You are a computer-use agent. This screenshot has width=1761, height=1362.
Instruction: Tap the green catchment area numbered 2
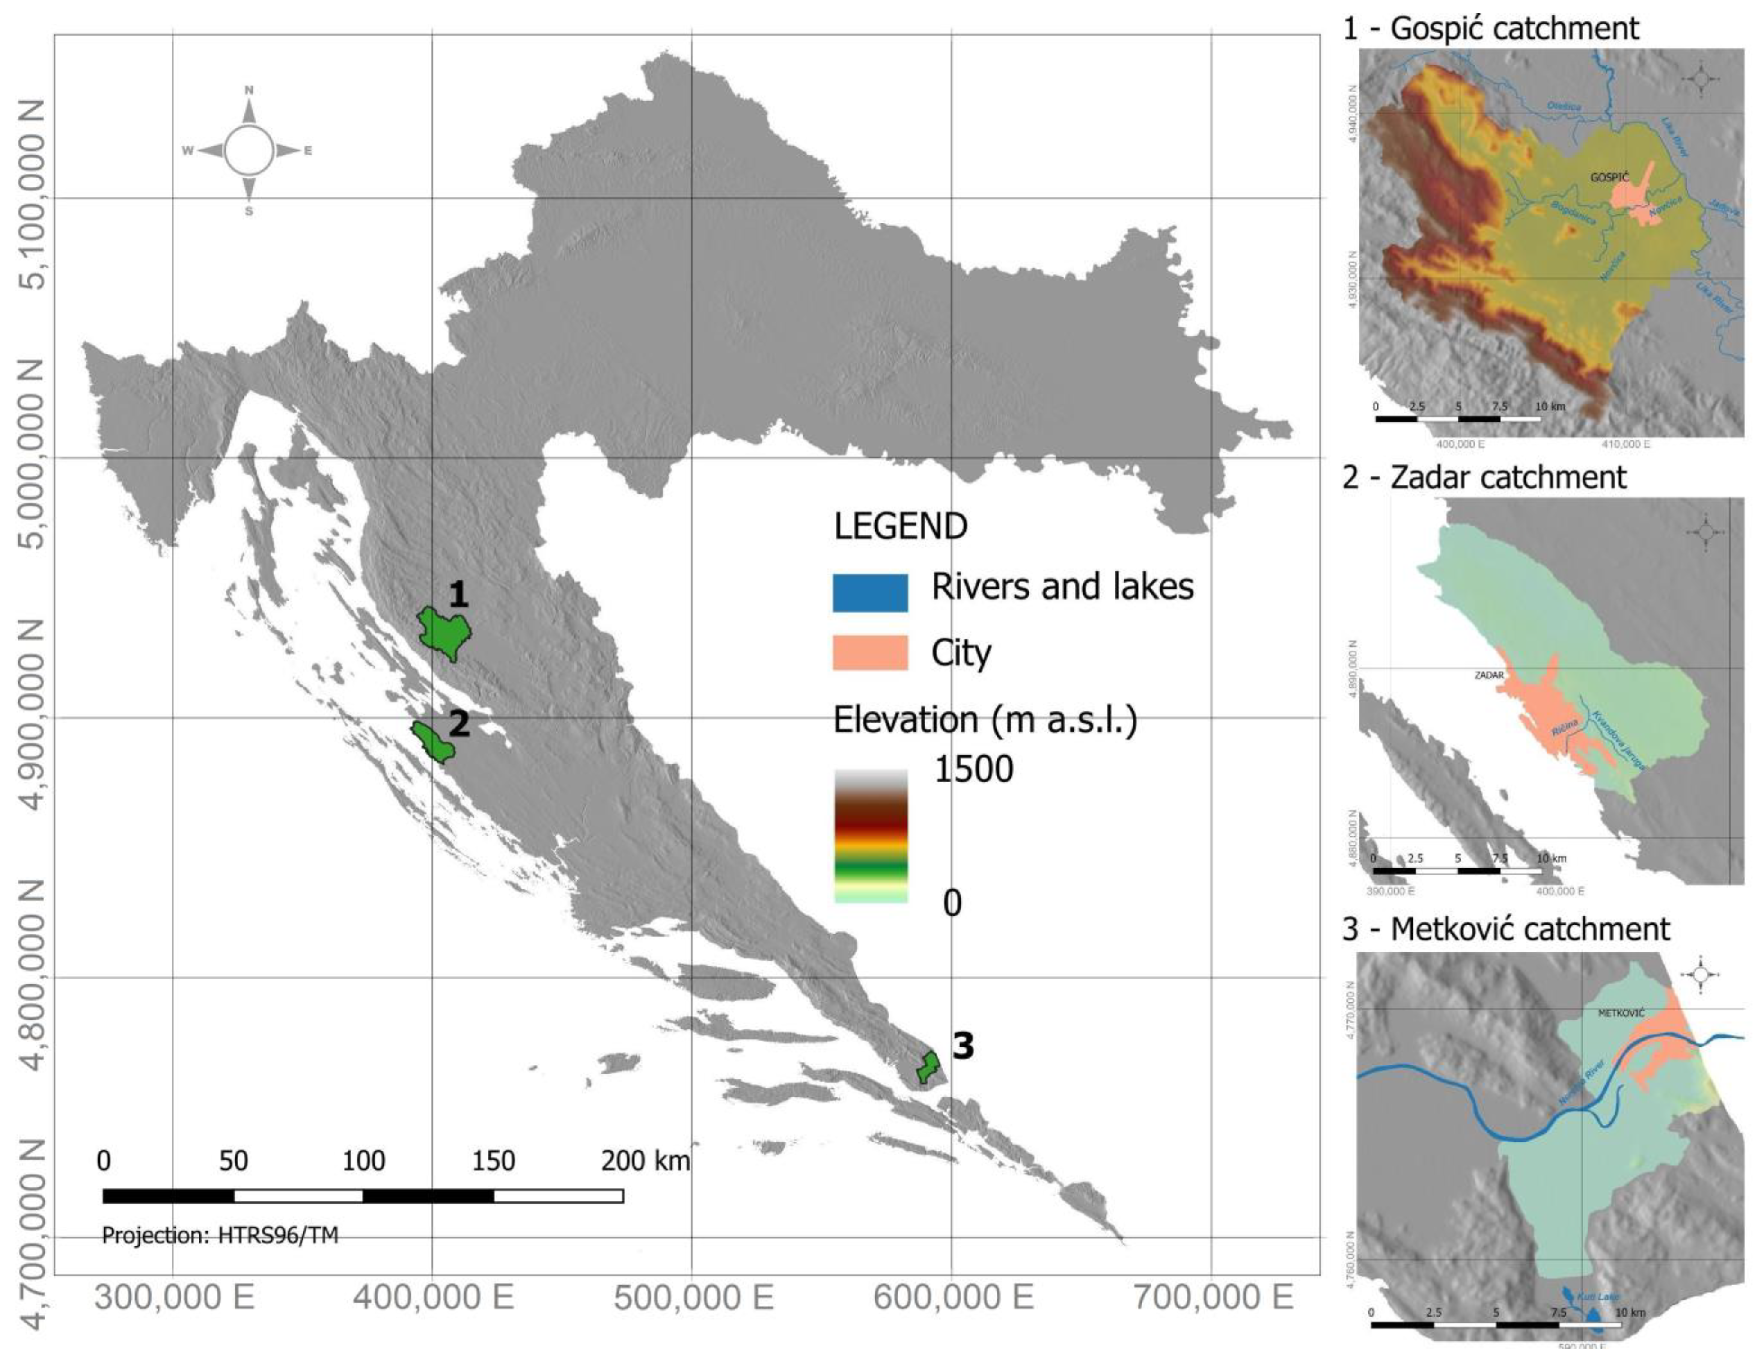(x=434, y=740)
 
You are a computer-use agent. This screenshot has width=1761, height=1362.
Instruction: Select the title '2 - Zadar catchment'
(x=1484, y=477)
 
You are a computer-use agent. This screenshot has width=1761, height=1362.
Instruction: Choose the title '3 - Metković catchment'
(x=1505, y=929)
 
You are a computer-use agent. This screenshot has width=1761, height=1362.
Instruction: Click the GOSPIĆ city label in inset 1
(x=1609, y=177)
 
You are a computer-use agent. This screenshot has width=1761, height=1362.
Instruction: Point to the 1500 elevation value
(x=973, y=769)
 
